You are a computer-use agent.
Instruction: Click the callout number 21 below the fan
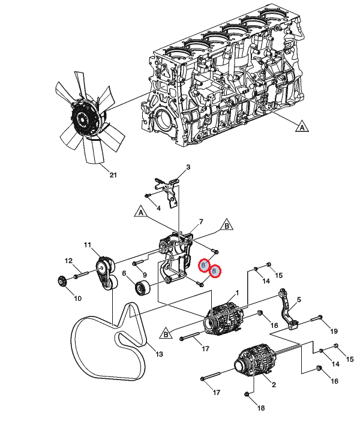click(x=113, y=175)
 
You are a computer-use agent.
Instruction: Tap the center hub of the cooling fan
click(x=82, y=118)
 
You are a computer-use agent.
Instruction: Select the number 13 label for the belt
click(x=159, y=354)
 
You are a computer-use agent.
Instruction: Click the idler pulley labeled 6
click(x=143, y=288)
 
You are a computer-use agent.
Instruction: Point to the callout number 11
click(x=88, y=245)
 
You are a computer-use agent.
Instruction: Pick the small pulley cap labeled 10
click(x=61, y=282)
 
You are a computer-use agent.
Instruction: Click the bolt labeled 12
click(x=81, y=275)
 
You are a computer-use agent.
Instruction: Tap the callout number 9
click(x=145, y=275)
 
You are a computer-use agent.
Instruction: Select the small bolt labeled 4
click(x=148, y=196)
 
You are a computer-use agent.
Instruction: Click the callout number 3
click(x=188, y=167)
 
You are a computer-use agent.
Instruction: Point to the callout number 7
click(x=201, y=222)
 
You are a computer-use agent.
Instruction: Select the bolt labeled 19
click(x=316, y=318)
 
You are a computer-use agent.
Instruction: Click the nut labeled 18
click(x=247, y=394)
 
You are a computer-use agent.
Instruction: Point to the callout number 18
click(x=261, y=408)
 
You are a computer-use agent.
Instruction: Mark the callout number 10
click(x=77, y=299)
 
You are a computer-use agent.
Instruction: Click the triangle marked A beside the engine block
click(x=302, y=126)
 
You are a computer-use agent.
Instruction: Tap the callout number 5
click(x=299, y=300)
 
